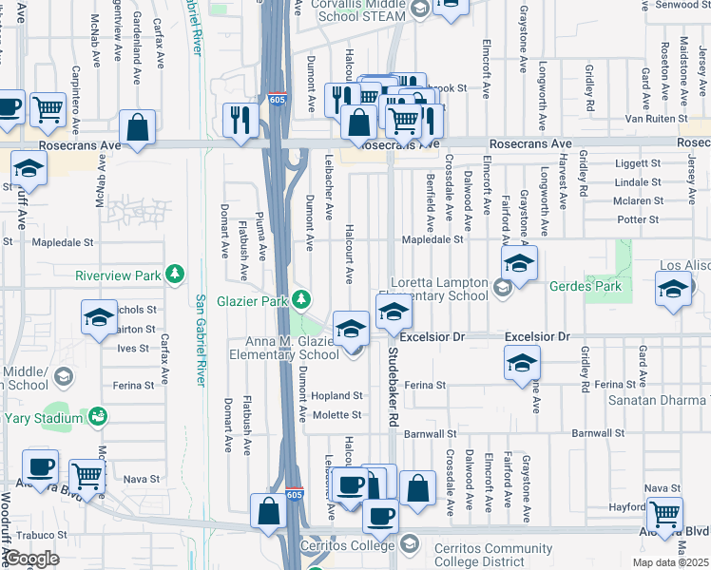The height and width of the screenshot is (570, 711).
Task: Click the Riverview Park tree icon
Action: click(x=174, y=275)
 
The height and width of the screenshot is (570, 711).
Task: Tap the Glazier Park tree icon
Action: click(x=301, y=300)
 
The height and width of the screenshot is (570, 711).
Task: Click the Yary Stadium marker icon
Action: click(x=97, y=416)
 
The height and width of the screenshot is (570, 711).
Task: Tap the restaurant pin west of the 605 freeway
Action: click(x=240, y=120)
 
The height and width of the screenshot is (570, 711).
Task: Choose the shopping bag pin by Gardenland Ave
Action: click(x=138, y=127)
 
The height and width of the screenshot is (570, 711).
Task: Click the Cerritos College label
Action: click(x=349, y=545)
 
